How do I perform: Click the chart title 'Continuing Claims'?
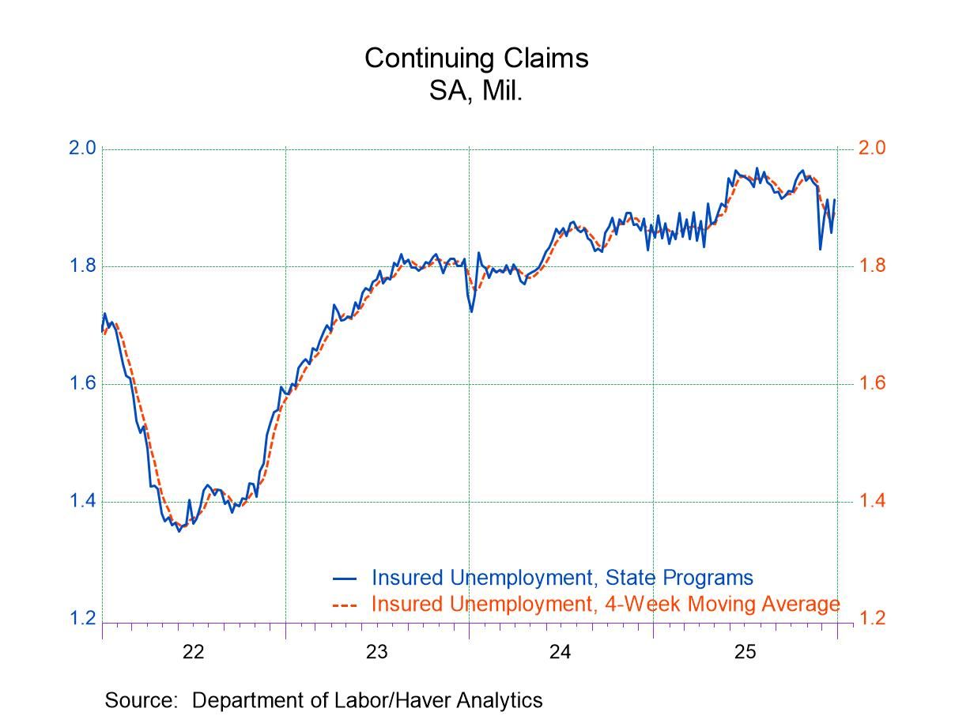click(x=476, y=58)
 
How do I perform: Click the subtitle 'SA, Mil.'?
click(x=476, y=91)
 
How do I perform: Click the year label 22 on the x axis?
click(x=193, y=651)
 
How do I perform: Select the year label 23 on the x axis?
click(x=376, y=651)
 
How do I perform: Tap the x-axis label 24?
click(x=561, y=651)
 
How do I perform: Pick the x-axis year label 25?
click(x=744, y=651)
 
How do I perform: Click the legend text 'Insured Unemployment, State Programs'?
click(x=562, y=578)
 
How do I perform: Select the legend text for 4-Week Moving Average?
click(x=605, y=604)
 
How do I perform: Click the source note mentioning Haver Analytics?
click(x=324, y=699)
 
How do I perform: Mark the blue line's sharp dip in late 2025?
click(x=820, y=249)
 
